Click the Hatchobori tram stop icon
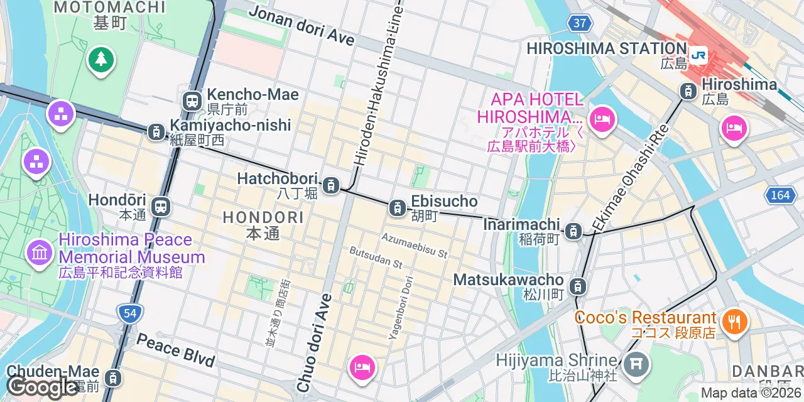tap(331, 185)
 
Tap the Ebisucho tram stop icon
tap(397, 207)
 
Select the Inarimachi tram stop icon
tap(573, 231)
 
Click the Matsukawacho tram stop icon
tap(577, 287)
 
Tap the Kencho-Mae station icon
tap(192, 100)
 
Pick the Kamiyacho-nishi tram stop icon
tap(156, 132)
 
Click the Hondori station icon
tap(161, 207)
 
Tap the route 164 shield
tap(780, 195)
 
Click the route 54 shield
tap(130, 313)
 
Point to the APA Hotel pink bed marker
tap(602, 119)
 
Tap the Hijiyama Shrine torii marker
tap(636, 363)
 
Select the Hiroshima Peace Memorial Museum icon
tap(40, 253)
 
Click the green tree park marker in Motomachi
tap(100, 60)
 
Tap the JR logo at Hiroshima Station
tap(698, 55)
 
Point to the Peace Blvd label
tap(175, 350)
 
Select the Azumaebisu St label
tap(415, 246)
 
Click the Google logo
tap(41, 387)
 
